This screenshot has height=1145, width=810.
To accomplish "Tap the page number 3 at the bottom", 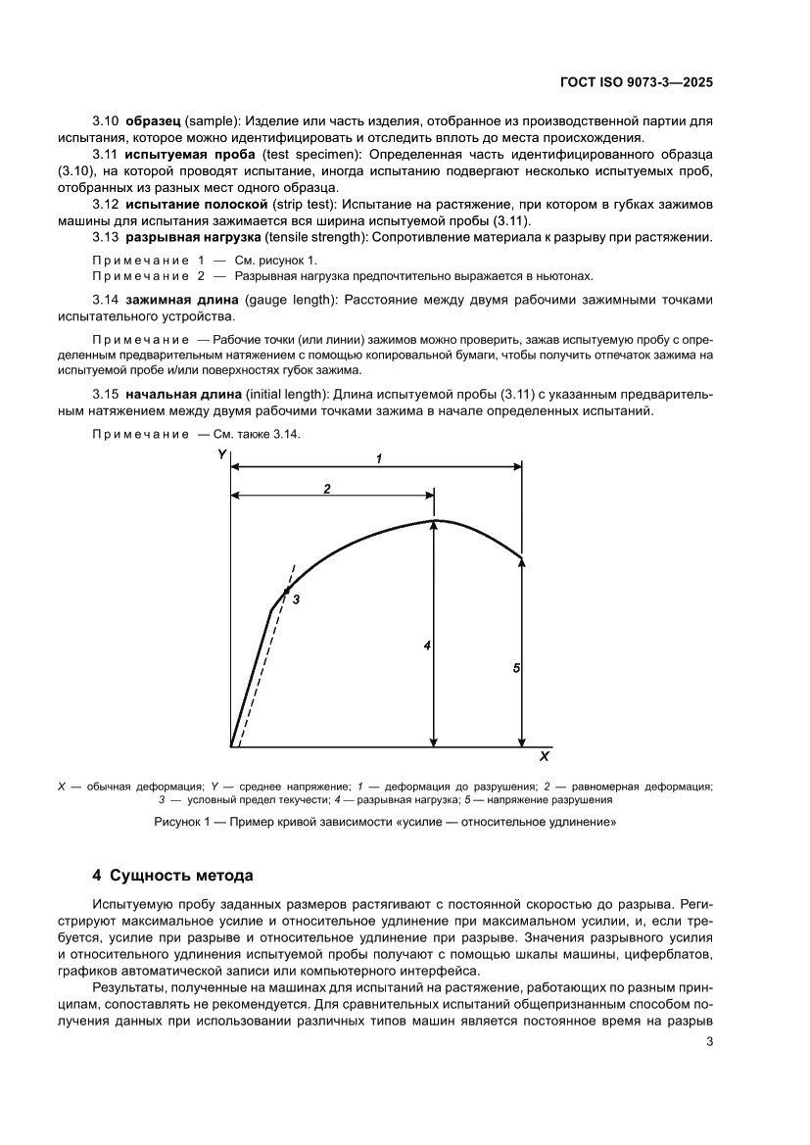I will (708, 1041).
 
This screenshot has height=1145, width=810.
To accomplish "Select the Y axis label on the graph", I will (222, 454).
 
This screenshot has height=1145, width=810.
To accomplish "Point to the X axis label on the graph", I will (544, 756).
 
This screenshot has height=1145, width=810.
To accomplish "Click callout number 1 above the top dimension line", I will (378, 457).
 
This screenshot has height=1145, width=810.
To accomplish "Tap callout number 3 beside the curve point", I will (296, 597).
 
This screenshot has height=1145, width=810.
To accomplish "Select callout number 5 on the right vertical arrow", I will (516, 667).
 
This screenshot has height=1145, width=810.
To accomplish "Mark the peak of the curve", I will (434, 520).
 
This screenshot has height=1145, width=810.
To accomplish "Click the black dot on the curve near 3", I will (286, 591).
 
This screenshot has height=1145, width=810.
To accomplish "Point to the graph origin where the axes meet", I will (231, 746).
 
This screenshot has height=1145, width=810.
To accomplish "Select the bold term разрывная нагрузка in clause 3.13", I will (186, 238).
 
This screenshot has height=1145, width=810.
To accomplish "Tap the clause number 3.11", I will (105, 155).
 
